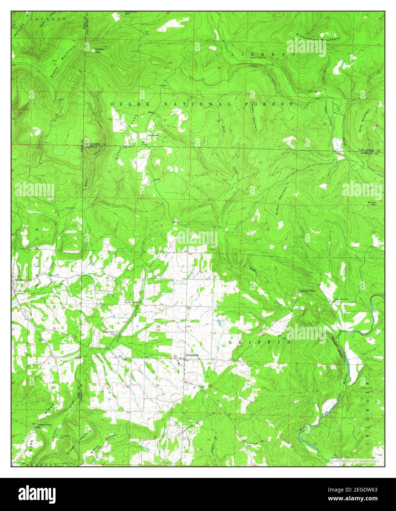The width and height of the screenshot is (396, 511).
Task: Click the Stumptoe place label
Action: tap(153, 135)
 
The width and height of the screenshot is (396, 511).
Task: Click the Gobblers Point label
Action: tap(307, 291)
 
